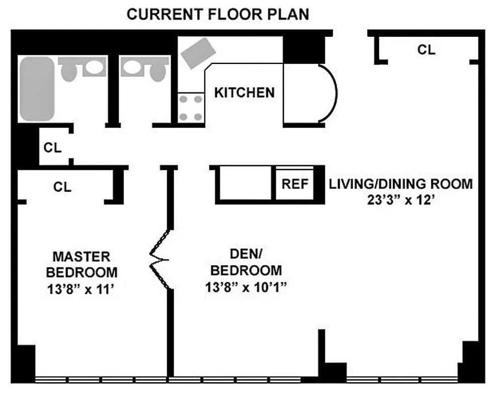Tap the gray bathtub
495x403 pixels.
(x=37, y=88)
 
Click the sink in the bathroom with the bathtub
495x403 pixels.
(x=92, y=67)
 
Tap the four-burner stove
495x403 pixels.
(x=191, y=108)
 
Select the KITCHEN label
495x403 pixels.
(x=244, y=93)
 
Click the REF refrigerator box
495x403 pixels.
(x=294, y=184)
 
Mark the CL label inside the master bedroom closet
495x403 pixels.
(x=62, y=187)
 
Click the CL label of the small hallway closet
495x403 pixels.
(x=52, y=148)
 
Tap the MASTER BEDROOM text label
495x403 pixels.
(x=81, y=264)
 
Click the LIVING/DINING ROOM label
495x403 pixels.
(x=400, y=183)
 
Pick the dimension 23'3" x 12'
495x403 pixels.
(x=400, y=200)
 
